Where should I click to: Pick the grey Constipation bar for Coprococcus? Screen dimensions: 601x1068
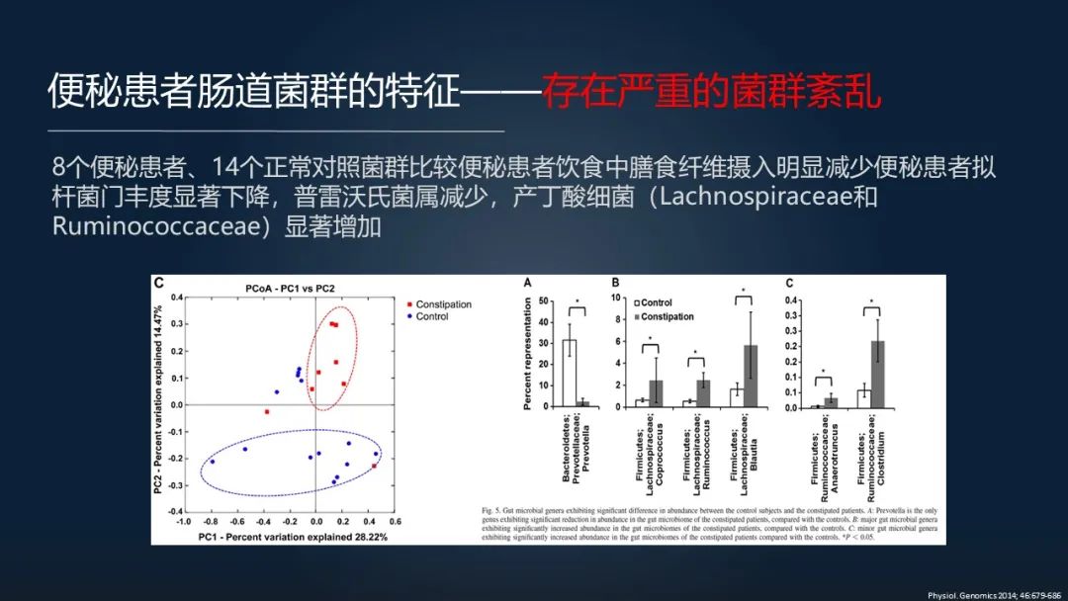pos(656,393)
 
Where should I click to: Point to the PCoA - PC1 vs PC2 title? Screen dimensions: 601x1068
pos(290,288)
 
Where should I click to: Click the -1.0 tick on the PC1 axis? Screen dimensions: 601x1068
pos(183,521)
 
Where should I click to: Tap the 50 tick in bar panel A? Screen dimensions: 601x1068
pos(544,300)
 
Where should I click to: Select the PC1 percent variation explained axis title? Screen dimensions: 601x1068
pos(293,537)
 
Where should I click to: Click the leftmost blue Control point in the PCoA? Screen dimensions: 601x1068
pos(212,462)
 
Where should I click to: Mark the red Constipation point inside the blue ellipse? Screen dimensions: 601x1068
pos(374,467)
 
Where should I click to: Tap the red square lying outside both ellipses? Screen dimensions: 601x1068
pos(266,411)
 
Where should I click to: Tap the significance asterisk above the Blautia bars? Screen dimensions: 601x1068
pos(743,291)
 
